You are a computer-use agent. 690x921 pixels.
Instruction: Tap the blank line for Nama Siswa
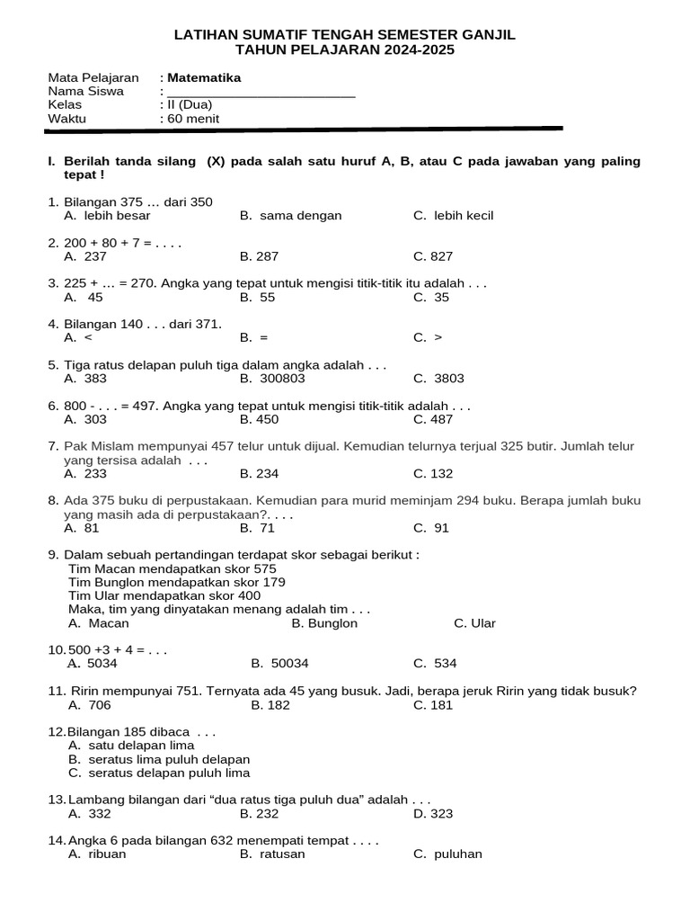point(261,93)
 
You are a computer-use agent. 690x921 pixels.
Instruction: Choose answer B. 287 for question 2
point(260,256)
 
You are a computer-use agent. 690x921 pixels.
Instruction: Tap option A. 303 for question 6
point(85,419)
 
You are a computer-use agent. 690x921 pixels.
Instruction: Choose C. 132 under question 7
point(433,474)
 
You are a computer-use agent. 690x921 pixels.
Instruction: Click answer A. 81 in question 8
point(82,528)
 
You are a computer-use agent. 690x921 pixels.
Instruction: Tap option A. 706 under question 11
point(89,705)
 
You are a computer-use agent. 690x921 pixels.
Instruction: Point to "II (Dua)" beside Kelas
point(189,105)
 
